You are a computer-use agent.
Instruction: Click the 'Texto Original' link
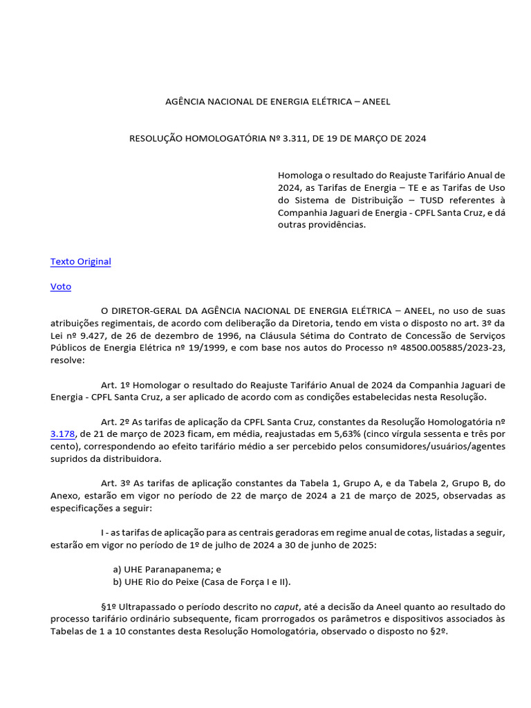point(80,261)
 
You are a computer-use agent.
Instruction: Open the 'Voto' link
point(61,286)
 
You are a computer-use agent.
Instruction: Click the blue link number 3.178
point(62,434)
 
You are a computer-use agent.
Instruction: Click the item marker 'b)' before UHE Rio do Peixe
point(117,581)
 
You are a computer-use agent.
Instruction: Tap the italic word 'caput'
point(283,606)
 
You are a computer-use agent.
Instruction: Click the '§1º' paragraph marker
point(109,606)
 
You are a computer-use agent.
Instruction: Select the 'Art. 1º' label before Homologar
point(115,384)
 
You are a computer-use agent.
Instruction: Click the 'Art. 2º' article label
point(115,421)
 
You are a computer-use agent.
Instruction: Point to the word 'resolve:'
point(68,360)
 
